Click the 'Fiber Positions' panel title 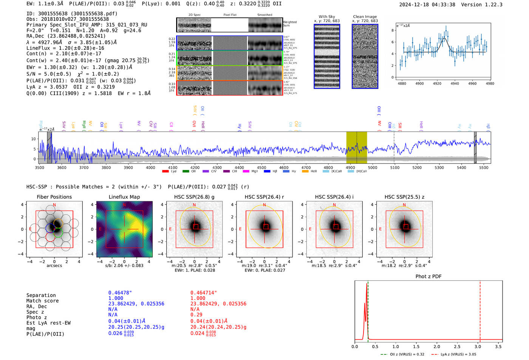(54, 197)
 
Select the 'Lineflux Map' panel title (124, 197)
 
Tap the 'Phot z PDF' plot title (428, 277)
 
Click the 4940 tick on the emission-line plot (455, 83)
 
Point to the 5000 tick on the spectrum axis (373, 167)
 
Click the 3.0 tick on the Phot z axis (478, 346)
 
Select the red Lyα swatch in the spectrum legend (165, 172)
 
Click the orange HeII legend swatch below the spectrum (305, 172)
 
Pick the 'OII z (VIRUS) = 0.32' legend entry (402, 354)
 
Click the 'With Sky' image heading (327, 17)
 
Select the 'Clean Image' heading (365, 17)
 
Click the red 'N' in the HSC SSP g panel (194, 205)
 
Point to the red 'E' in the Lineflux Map (101, 229)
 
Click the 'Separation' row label (41, 295)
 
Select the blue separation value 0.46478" (120, 293)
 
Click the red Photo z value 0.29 (196, 315)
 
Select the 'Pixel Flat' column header (230, 15)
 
